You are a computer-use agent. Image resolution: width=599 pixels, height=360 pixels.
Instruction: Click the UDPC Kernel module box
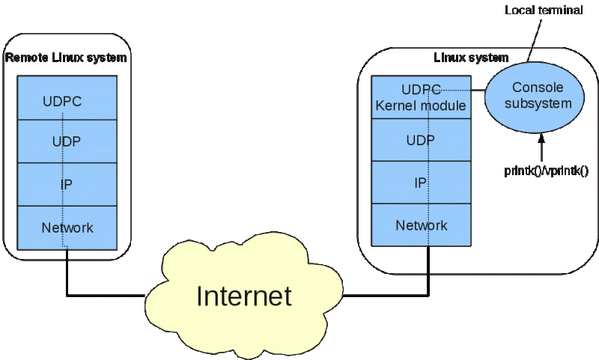[x=421, y=97]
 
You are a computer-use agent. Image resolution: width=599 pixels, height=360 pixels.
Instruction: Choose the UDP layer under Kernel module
[x=421, y=139]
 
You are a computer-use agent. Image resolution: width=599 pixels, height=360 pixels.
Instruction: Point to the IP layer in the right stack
[x=421, y=182]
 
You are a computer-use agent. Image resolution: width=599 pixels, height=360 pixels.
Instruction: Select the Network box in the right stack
[x=421, y=225]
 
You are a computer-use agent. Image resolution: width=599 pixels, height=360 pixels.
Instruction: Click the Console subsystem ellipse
[x=538, y=96]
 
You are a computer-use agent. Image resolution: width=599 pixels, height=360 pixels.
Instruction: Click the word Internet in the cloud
[x=243, y=296]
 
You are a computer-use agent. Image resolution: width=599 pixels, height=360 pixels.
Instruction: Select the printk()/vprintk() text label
[x=546, y=171]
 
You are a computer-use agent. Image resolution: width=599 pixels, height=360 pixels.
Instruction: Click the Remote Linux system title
[x=66, y=58]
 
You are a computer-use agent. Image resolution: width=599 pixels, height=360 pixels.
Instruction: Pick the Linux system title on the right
[x=471, y=58]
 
